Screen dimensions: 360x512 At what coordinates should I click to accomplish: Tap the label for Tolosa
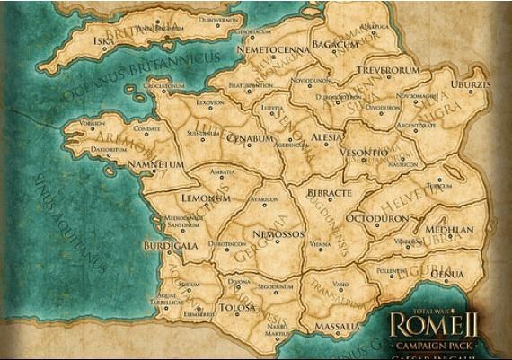pos(235,308)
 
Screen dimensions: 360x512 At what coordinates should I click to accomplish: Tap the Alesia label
pos(325,136)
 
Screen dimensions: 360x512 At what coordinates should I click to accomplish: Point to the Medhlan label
pos(449,229)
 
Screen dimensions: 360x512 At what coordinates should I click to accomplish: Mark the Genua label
pos(447,273)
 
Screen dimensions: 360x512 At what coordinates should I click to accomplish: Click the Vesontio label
pos(365,154)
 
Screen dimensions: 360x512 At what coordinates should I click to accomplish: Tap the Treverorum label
pos(388,69)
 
